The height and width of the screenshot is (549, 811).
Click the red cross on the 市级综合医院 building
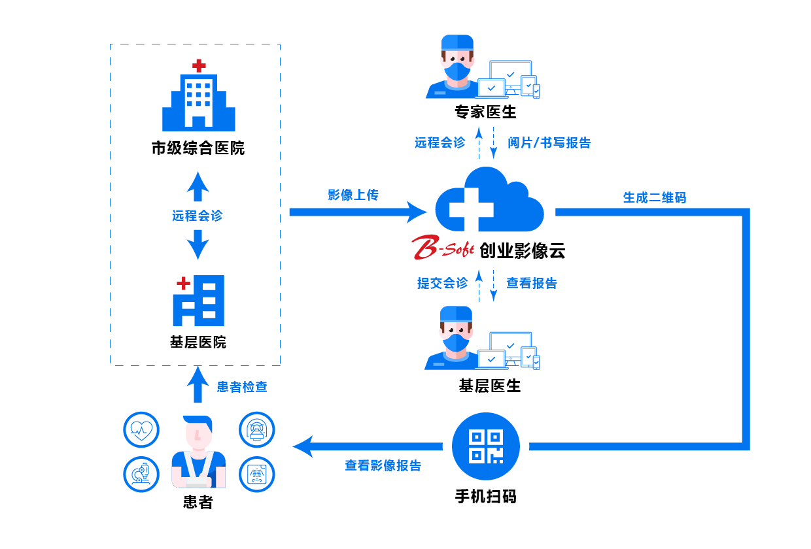(198, 65)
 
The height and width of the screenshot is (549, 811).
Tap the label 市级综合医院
(198, 148)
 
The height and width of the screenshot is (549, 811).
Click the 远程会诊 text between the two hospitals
(198, 216)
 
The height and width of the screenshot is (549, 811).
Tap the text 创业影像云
(522, 250)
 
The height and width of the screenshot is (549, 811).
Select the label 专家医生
(485, 112)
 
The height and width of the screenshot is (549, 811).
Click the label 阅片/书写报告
(549, 142)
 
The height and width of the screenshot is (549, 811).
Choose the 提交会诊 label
(443, 283)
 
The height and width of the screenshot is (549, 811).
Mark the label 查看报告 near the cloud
(532, 283)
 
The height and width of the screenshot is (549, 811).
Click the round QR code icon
(485, 446)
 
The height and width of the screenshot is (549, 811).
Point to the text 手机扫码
(485, 497)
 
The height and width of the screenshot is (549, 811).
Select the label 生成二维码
(654, 197)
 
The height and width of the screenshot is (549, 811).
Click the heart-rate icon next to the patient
(141, 429)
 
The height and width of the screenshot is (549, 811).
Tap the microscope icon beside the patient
(141, 474)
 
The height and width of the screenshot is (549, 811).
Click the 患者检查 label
(242, 387)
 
